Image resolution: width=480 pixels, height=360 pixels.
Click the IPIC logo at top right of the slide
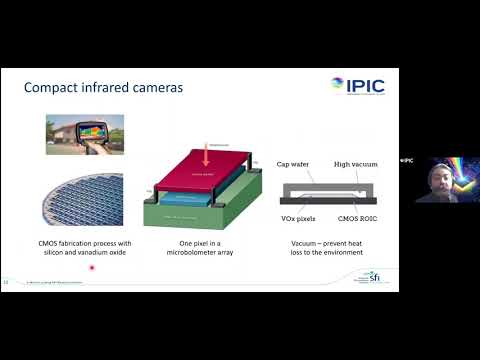pyautogui.click(x=357, y=85)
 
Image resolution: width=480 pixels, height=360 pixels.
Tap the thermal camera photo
pyautogui.click(x=85, y=134)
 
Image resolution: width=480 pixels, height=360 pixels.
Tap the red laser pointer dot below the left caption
pyautogui.click(x=92, y=268)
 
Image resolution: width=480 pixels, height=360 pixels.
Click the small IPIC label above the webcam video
pyautogui.click(x=407, y=160)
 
